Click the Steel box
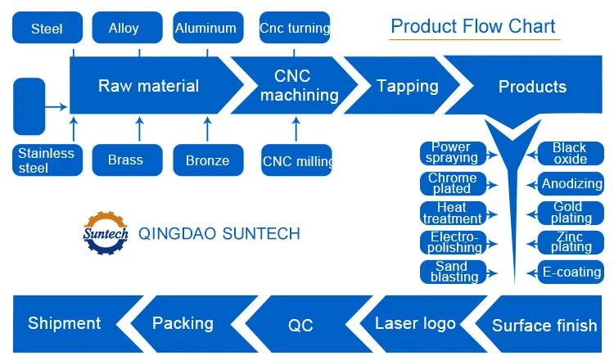[47, 29]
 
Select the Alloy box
[123, 28]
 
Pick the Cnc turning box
[295, 28]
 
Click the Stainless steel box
[46, 160]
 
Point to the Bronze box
[207, 160]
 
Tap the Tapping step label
[407, 86]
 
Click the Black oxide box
[570, 153]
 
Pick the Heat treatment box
[452, 213]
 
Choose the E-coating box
[571, 272]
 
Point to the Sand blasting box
[452, 272]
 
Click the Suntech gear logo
[106, 233]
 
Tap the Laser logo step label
[415, 323]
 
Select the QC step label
[300, 325]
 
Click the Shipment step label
[65, 323]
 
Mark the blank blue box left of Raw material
[29, 106]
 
